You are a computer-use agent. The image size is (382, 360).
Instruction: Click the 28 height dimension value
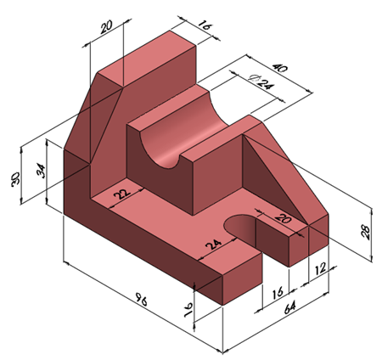click(366, 228)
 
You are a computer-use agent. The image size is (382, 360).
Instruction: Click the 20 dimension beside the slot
click(282, 220)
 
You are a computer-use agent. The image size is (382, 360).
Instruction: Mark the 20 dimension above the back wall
click(106, 27)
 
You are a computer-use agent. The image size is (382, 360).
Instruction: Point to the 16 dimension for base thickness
click(187, 308)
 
